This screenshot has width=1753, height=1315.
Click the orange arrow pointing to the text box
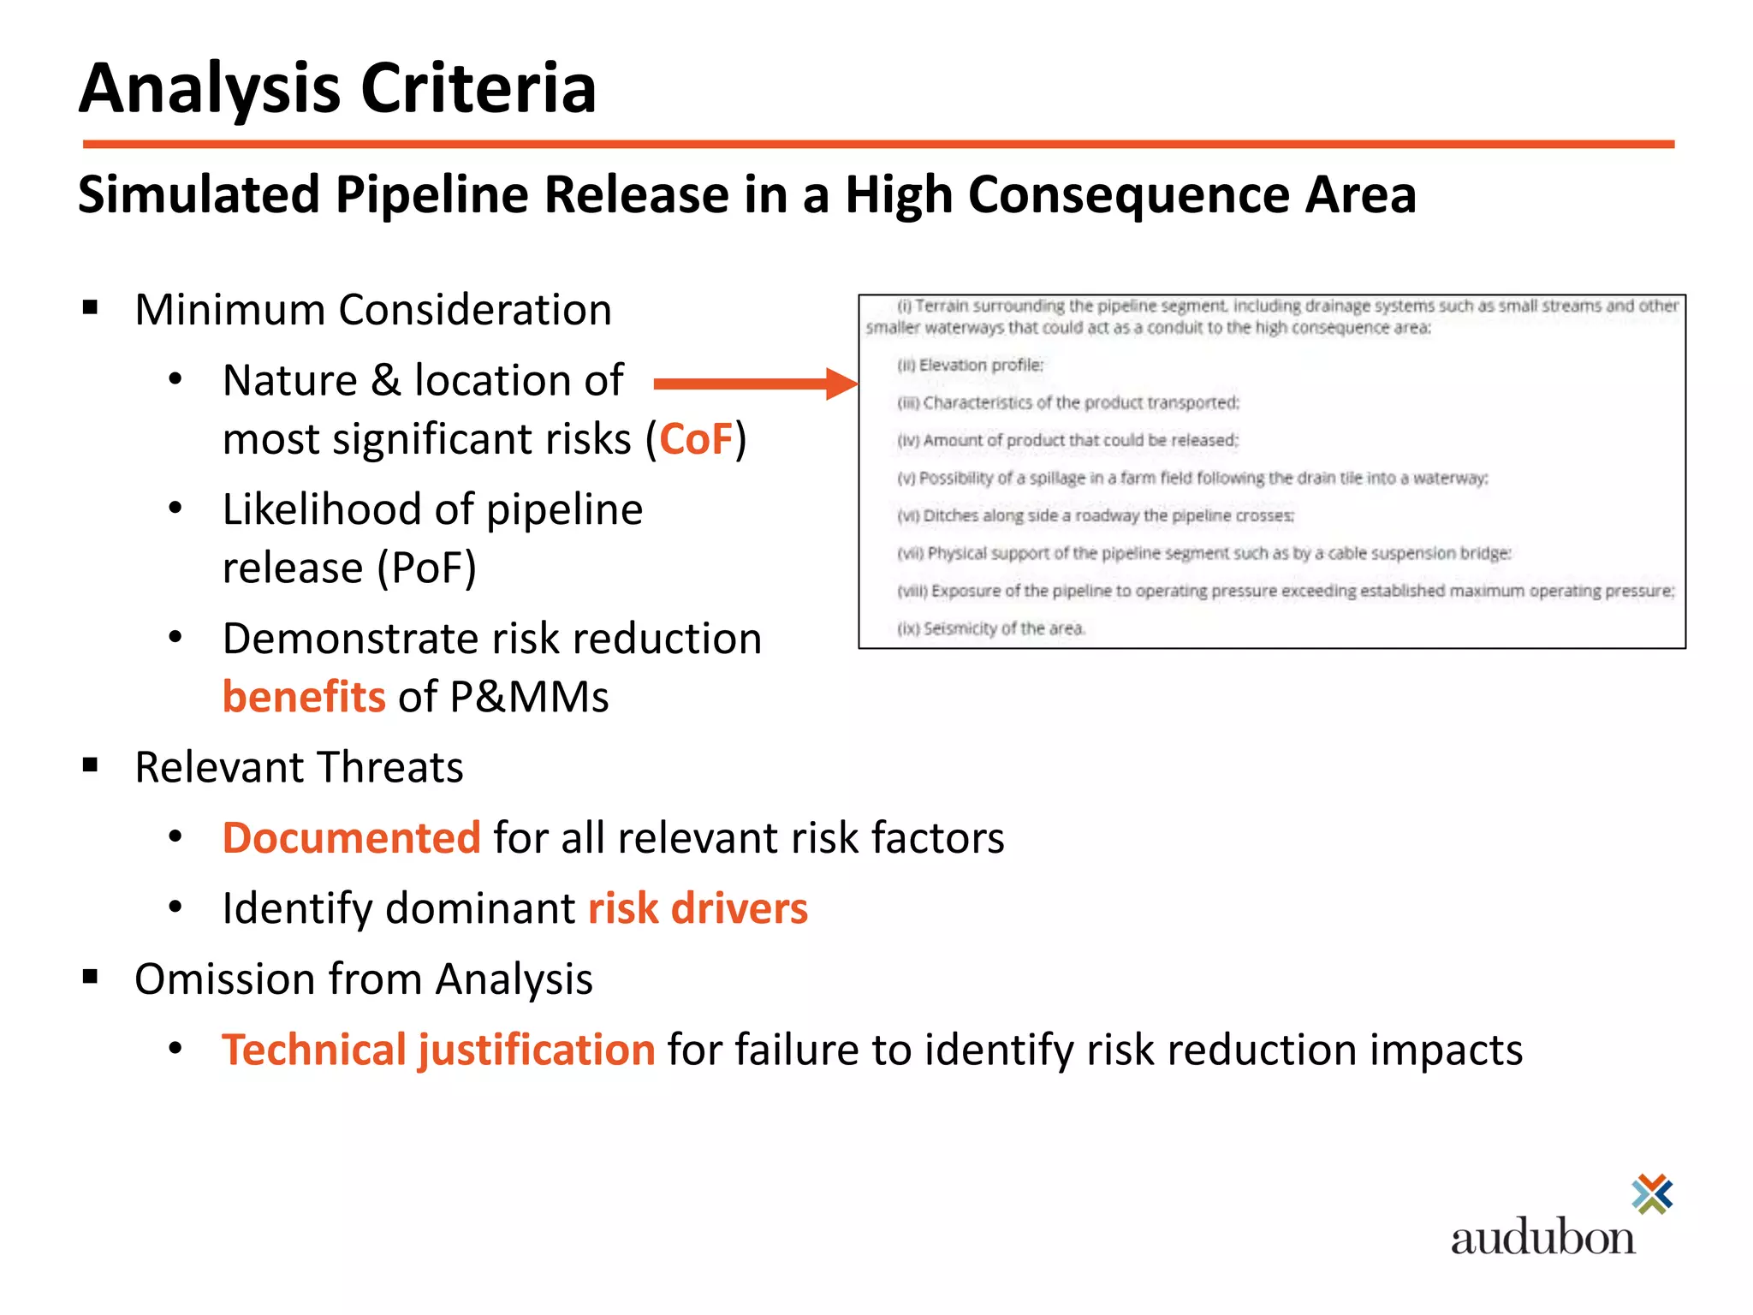[753, 384]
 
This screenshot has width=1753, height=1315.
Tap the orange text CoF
[696, 439]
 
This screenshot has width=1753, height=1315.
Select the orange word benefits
[304, 697]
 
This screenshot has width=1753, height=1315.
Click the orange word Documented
[351, 837]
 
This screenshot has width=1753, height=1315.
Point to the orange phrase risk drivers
[698, 908]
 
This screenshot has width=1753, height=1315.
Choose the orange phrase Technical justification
[438, 1050]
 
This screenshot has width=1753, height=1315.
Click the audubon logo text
[1542, 1238]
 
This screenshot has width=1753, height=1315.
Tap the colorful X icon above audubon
[1652, 1194]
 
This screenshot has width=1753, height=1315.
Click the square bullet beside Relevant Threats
[91, 765]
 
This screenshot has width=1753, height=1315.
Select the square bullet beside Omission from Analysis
[91, 977]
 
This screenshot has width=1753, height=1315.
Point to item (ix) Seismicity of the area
[990, 628]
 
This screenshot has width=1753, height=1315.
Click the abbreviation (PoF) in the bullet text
[426, 568]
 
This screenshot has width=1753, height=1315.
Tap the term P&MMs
[529, 697]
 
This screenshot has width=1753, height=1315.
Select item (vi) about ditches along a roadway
[1095, 515]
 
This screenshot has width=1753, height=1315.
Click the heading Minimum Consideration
[373, 310]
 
